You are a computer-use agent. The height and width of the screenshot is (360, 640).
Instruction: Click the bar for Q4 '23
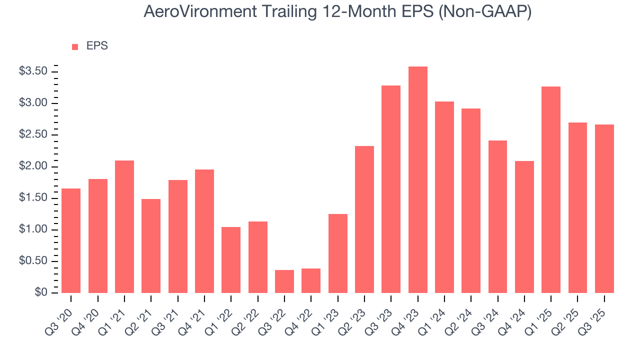[417, 180]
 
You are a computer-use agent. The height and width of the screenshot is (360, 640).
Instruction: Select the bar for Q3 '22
[284, 281]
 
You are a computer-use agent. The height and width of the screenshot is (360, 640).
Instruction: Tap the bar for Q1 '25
[551, 190]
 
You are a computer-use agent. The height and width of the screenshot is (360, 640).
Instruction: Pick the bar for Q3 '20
[71, 240]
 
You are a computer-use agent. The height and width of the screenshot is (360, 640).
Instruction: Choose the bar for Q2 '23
[364, 219]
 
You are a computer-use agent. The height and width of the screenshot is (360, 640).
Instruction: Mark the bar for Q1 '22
[231, 260]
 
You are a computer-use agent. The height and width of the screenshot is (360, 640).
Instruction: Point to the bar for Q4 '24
[524, 227]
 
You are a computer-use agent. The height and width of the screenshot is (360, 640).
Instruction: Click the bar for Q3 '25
[604, 209]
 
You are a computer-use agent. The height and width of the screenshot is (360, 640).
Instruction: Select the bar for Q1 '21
[124, 226]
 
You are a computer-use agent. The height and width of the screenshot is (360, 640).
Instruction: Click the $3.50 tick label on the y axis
[33, 71]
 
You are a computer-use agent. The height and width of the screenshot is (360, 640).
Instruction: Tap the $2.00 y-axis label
[33, 166]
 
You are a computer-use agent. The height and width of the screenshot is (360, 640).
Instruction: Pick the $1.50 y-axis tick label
[33, 198]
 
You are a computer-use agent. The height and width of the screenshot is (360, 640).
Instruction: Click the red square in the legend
[75, 47]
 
